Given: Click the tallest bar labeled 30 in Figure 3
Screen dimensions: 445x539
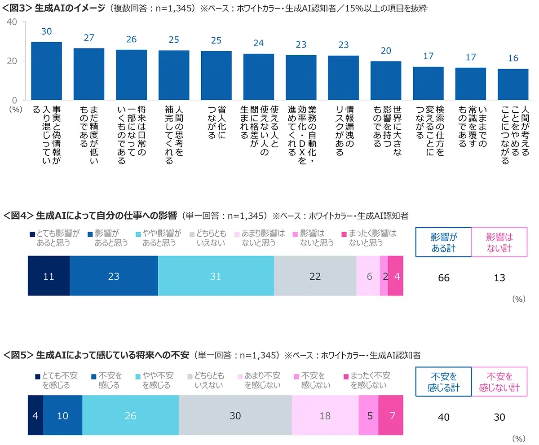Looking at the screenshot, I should coord(46,71).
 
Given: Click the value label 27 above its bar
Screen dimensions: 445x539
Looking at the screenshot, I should coord(89,38).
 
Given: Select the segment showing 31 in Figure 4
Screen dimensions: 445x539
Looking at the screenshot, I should coord(216,276).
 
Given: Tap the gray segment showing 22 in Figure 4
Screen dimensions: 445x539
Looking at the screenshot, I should coord(315,276).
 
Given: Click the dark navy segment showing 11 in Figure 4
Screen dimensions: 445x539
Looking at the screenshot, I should coord(49,276).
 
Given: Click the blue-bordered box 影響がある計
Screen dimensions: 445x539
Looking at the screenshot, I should coord(443,242).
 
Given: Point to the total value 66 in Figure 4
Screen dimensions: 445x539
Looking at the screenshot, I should coord(443,278).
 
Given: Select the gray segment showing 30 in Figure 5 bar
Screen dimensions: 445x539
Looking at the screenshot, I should coord(235,416).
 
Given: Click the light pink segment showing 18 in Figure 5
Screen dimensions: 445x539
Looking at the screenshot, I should coord(325,416).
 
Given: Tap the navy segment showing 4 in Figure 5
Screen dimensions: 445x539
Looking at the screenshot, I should coord(35,416).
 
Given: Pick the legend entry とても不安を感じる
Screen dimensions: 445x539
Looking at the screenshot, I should coord(58,380).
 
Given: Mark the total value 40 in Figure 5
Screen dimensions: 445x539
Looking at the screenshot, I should coord(443,417).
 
